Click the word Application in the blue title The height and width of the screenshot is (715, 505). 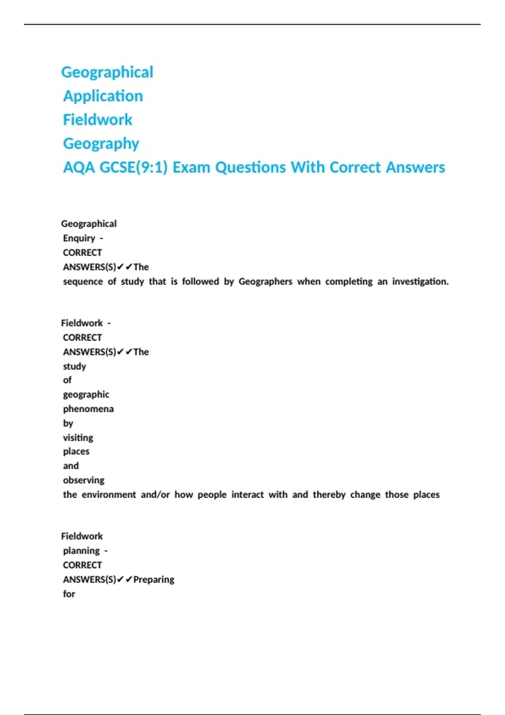pos(103,96)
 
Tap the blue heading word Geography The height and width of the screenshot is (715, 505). pos(101,144)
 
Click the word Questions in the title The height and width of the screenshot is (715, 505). pos(250,167)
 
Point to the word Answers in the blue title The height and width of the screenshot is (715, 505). pos(415,167)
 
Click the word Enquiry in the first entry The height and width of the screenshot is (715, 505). pos(79,238)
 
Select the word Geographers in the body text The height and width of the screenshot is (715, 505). pos(265,281)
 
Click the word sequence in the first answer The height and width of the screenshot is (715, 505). pos(83,281)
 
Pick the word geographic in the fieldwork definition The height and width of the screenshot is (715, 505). pos(86,395)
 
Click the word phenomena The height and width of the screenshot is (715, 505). pos(88,409)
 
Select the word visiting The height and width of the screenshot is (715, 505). pos(78,438)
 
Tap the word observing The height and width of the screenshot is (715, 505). pos(84,480)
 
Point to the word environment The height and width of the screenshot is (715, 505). pos(109,495)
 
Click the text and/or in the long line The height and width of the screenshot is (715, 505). pos(155,495)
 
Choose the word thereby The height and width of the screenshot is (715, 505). pos(329,495)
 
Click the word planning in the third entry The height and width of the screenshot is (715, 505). pos(81,551)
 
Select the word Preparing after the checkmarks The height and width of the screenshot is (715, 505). pos(154,580)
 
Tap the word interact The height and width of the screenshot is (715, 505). pos(247,495)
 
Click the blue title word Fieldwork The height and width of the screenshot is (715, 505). pos(98,120)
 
